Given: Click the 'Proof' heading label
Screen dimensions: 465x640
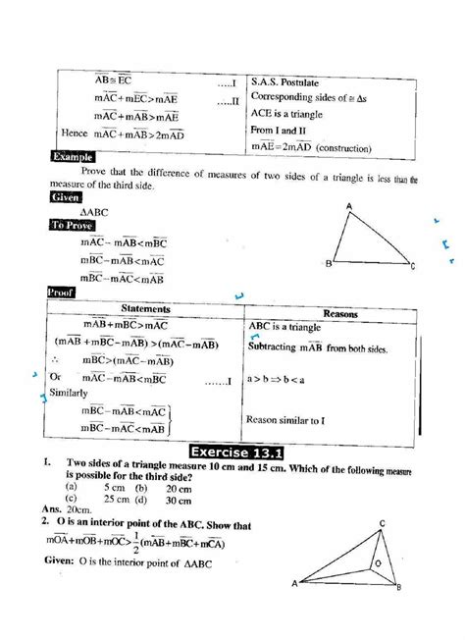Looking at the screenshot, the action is (x=64, y=292).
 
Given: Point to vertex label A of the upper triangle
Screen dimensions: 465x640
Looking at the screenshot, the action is (x=349, y=205).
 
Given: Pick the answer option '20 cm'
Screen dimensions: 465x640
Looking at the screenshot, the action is (x=178, y=488).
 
